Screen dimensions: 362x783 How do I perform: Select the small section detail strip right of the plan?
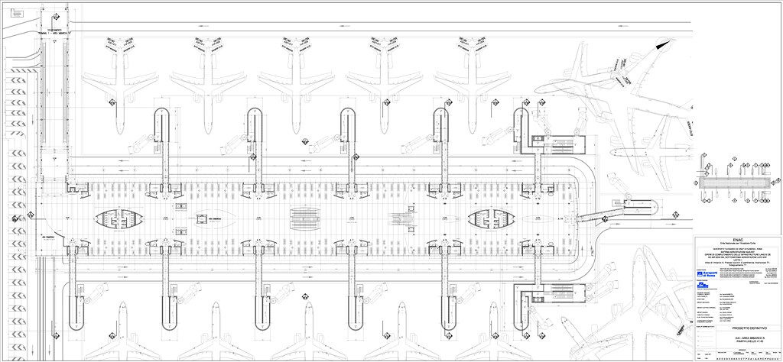point(733,184)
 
